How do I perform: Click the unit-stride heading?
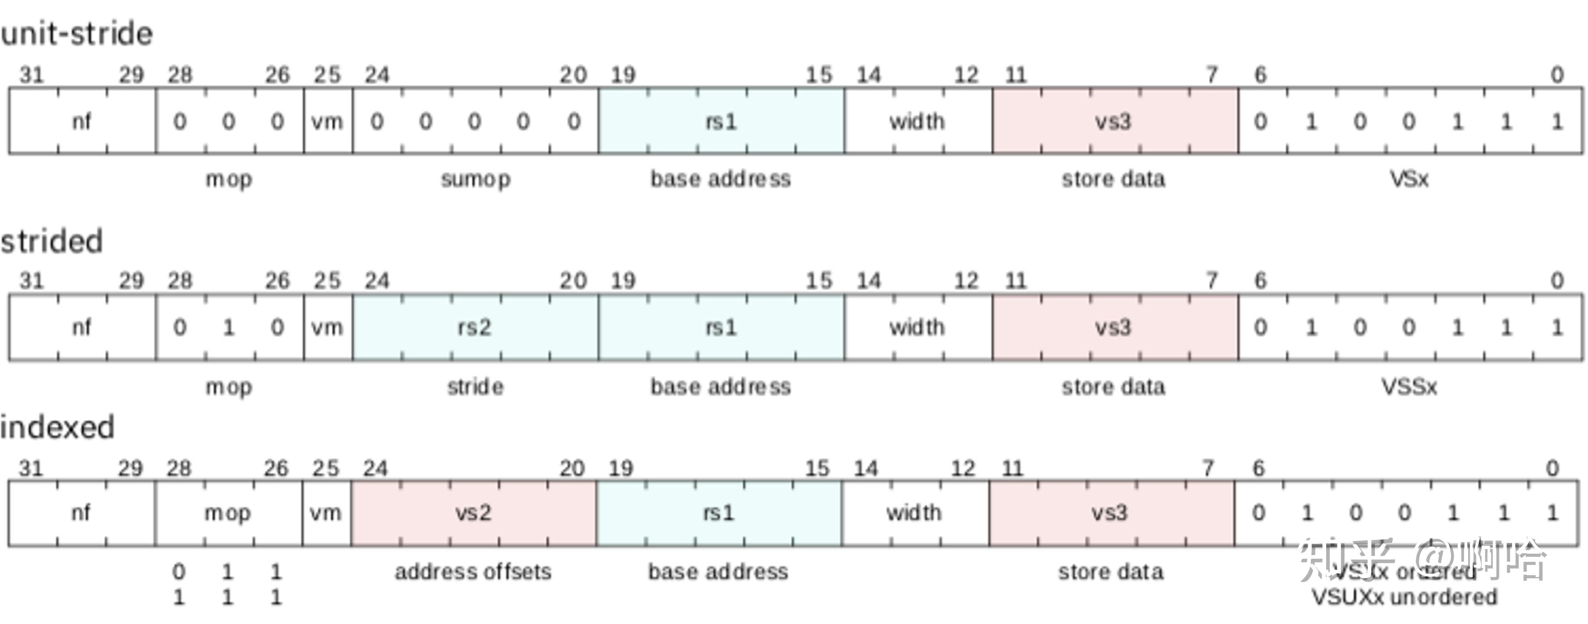pyautogui.click(x=77, y=33)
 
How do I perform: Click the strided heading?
pyautogui.click(x=52, y=241)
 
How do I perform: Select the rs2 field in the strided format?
pyautogui.click(x=475, y=327)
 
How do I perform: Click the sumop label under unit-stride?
pyautogui.click(x=475, y=180)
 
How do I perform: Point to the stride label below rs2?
pyautogui.click(x=475, y=387)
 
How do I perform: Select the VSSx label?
pyautogui.click(x=1409, y=387)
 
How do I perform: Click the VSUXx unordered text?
pyautogui.click(x=1404, y=597)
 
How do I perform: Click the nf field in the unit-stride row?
pyautogui.click(x=81, y=121)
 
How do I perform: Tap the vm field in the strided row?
pyautogui.click(x=327, y=327)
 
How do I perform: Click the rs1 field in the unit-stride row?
pyautogui.click(x=721, y=121)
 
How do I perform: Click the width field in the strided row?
pyautogui.click(x=917, y=327)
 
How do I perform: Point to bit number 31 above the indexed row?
pyautogui.click(x=31, y=469)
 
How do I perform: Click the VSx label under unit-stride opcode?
pyautogui.click(x=1409, y=180)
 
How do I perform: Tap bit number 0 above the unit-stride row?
pyautogui.click(x=1557, y=75)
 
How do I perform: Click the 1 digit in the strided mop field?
pyautogui.click(x=228, y=327)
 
